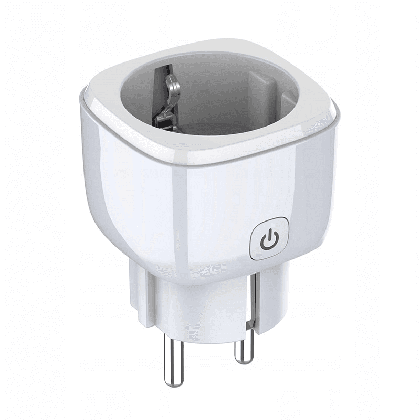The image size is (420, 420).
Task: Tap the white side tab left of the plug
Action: [x=138, y=294]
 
